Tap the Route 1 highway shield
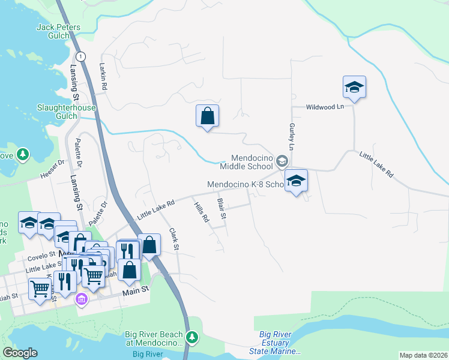82,56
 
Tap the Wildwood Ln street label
325,106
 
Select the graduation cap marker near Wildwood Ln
354,87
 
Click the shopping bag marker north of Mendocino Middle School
207,116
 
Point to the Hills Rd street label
200,212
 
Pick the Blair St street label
221,208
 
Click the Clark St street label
174,239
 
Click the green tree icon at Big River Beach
191,337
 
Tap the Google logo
20,353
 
